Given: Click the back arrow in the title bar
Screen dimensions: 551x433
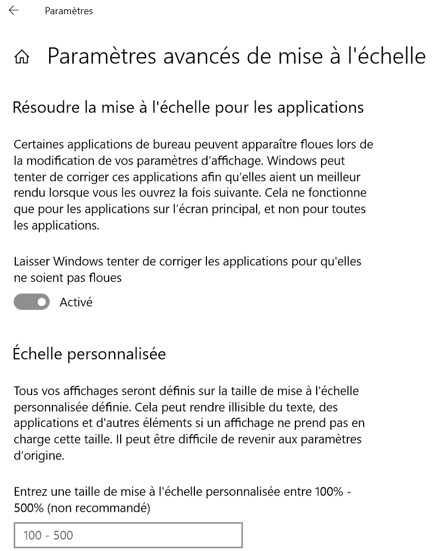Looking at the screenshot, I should [x=14, y=10].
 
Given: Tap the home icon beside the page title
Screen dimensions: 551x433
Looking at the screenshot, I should [x=22, y=57].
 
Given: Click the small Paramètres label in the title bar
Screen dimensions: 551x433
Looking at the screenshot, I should [x=69, y=11].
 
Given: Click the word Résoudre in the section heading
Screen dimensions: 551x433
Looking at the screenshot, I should [x=44, y=107].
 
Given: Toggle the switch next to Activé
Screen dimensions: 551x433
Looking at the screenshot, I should [x=32, y=302].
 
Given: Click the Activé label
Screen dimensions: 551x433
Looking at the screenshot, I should [x=76, y=302].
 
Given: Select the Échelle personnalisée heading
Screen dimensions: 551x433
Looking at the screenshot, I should [x=89, y=354].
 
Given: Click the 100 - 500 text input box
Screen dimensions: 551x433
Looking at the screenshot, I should [x=128, y=535].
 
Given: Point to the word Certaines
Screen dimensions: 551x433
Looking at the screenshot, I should [x=35, y=145].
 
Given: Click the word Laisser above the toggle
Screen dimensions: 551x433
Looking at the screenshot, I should [x=32, y=262].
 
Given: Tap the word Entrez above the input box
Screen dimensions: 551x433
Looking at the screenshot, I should [x=30, y=492].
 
